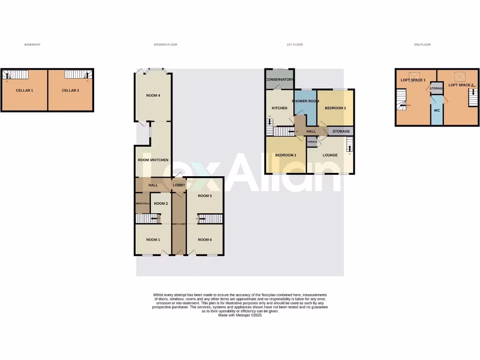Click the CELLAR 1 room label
tap(24, 90)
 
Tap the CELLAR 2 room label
tap(70, 90)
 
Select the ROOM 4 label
tap(153, 96)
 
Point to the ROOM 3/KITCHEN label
tap(153, 160)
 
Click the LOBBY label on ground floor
tap(179, 186)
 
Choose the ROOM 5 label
tap(204, 196)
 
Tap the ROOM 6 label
tap(204, 240)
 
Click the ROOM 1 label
tap(153, 240)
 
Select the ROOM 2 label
tap(161, 203)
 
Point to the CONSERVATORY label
tap(279, 80)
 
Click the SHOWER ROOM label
tap(305, 101)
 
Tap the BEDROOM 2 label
tap(335, 108)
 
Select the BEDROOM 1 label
tap(285, 155)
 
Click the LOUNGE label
tap(330, 155)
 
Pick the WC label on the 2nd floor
tap(436, 111)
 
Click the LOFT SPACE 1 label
tap(413, 80)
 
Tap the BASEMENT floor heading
tap(32, 45)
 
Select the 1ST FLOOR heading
tap(295, 45)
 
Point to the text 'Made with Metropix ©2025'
tap(240, 315)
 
